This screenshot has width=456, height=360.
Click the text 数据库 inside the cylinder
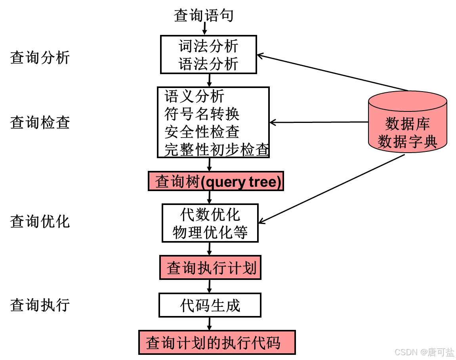(x=408, y=124)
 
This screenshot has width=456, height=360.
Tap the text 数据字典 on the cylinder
(x=408, y=142)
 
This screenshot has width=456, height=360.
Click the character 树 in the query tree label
(x=192, y=182)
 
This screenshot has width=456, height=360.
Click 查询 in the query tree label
(x=170, y=182)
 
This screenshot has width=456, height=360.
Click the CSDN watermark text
(x=405, y=352)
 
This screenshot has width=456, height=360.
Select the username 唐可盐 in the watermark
(x=440, y=352)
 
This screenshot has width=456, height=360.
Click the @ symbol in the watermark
(x=422, y=352)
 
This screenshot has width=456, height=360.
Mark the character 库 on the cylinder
(x=423, y=124)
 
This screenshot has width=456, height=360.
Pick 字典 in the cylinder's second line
(x=423, y=142)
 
